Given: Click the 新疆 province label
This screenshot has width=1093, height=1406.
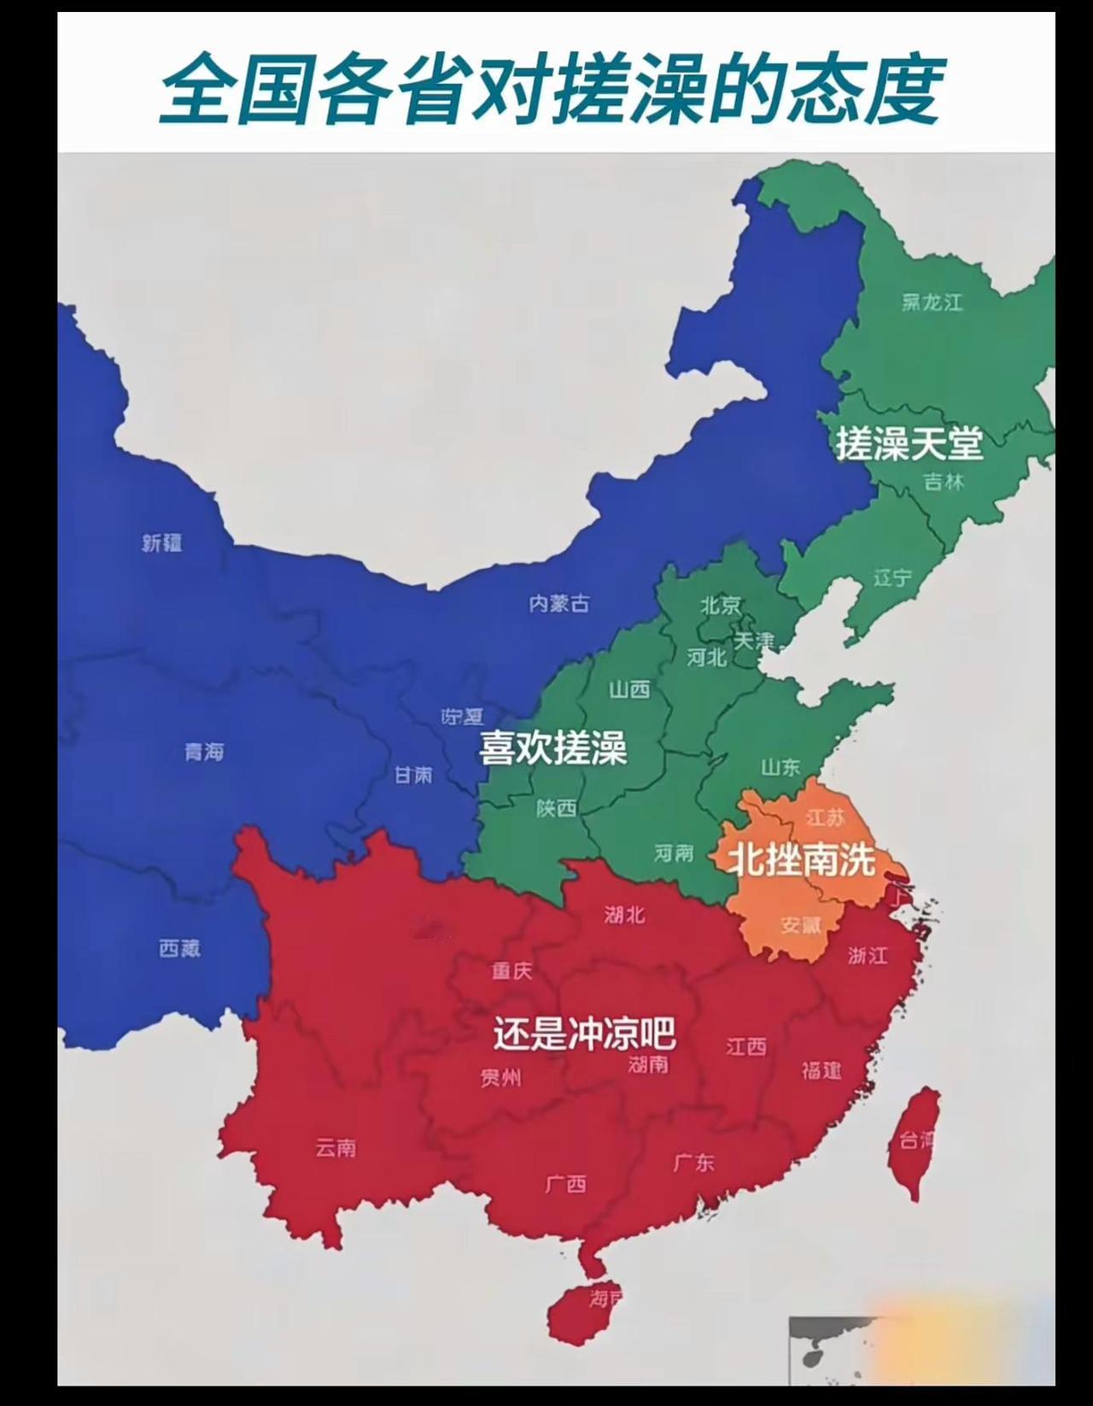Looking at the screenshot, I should pos(162,542).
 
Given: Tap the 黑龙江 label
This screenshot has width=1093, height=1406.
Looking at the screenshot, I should pos(932,302).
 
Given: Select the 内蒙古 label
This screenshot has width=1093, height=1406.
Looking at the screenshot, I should pos(558,604).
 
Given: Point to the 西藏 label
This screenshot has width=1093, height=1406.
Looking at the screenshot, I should pos(179,947).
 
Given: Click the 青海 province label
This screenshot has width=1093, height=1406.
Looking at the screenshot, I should pos(204,752).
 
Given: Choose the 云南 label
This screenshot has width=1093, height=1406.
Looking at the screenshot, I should pos(336,1148).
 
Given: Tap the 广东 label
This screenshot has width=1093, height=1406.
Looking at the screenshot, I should pos(693,1162).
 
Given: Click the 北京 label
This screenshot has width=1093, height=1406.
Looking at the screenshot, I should pos(721,606).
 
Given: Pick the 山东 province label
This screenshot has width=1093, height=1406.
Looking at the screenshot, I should pos(780,767).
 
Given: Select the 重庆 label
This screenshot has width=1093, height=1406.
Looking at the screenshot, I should pos(511,970).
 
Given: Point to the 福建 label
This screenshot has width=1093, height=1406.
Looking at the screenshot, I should pos(821,1069).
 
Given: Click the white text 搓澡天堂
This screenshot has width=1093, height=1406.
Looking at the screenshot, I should pos(909,443).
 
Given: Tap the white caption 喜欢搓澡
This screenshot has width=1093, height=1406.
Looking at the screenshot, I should pos(553,748).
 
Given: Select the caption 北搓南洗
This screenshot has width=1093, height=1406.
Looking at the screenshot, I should pos(801,860).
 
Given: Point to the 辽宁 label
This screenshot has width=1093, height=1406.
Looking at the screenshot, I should pos(892,578).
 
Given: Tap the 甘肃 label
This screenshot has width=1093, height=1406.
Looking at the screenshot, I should pos(413,775).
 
